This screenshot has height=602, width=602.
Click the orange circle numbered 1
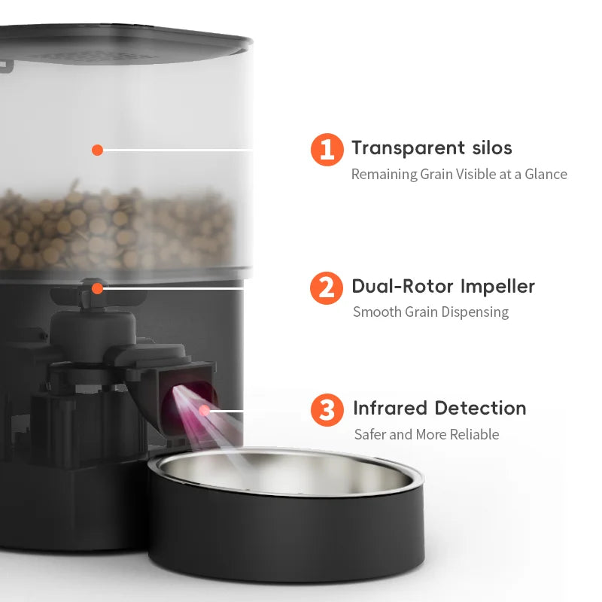click(x=327, y=149)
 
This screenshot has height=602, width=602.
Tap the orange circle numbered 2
click(x=327, y=287)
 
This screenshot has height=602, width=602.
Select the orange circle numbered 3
click(x=327, y=410)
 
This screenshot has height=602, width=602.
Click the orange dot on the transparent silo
click(x=97, y=150)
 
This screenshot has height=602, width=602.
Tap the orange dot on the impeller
click(x=97, y=287)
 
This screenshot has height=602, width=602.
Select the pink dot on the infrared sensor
click(x=204, y=411)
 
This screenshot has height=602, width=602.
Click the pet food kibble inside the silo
click(x=113, y=226)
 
